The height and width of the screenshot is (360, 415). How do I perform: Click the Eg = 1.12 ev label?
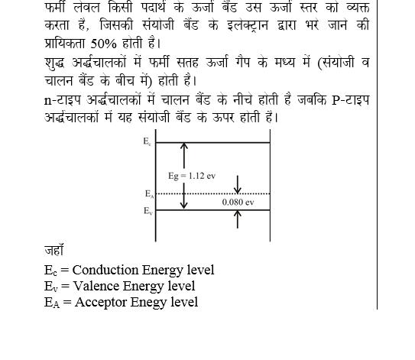coord(192,176)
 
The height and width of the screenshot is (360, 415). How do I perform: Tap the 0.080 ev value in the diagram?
coord(238,203)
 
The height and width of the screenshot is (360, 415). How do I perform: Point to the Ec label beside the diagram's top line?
coord(147,141)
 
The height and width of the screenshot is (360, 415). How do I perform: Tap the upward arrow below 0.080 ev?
coord(238,219)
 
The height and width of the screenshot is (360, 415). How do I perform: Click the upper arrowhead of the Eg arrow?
coord(183,146)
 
